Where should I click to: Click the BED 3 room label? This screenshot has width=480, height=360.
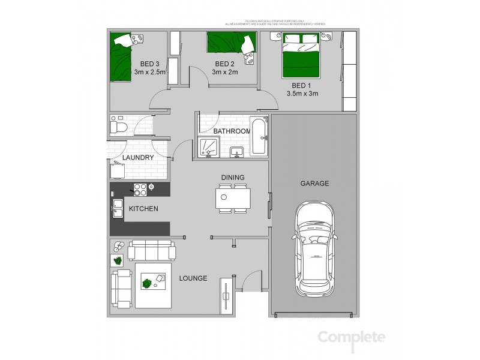coord(149,64)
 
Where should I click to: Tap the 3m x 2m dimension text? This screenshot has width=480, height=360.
coord(224,73)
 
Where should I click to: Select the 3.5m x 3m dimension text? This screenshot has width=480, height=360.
coord(302,94)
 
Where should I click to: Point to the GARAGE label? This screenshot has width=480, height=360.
coord(314,184)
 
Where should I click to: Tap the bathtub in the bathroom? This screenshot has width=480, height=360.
coord(259,138)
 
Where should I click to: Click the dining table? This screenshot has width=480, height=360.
coord(233,198)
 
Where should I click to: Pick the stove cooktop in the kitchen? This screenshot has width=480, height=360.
coord(140,189)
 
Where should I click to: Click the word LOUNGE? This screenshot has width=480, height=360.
coord(193,278)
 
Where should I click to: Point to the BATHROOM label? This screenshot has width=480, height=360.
coord(232,131)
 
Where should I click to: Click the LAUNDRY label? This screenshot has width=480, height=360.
coord(138,158)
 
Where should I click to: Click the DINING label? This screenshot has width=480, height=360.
coord(232,177)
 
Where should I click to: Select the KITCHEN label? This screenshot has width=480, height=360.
coord(144,209)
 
